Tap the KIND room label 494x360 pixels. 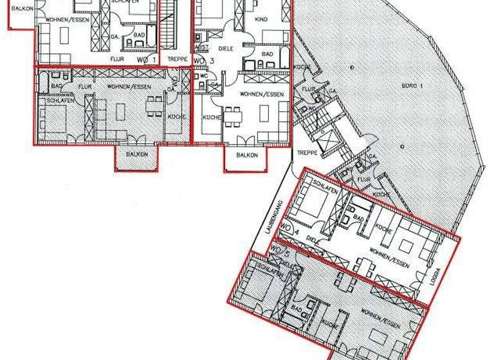(261, 20)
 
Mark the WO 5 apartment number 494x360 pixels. (278, 248)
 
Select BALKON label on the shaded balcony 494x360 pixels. (136, 154)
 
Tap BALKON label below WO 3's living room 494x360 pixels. (246, 155)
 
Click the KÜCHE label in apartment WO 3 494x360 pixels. (212, 117)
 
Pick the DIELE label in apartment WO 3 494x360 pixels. (226, 48)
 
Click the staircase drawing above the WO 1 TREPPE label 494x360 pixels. (169, 26)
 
